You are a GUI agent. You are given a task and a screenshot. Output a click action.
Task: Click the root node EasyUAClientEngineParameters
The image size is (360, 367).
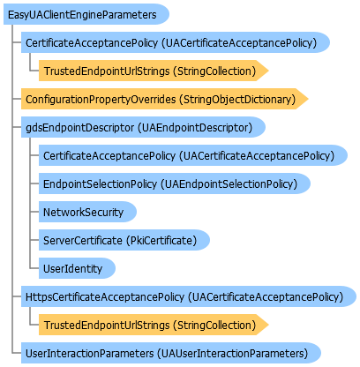[x=86, y=14]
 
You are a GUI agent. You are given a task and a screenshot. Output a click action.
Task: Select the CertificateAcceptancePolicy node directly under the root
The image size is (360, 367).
[x=176, y=42]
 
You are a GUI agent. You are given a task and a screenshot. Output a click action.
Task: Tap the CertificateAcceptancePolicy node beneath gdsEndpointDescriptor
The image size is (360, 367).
[x=193, y=155]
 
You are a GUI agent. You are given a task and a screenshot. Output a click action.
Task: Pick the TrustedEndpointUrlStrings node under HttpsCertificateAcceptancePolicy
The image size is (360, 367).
[x=154, y=325]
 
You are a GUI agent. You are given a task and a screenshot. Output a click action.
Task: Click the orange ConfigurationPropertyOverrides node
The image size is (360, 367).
[x=165, y=99]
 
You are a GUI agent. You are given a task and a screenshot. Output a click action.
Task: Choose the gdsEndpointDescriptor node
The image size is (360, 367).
[x=143, y=127]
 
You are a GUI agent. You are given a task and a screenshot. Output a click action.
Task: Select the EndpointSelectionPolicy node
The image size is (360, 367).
[x=175, y=183]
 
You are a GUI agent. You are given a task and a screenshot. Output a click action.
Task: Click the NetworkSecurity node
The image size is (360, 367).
[x=87, y=212]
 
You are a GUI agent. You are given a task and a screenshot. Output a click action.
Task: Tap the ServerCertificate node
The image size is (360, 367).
[x=124, y=240]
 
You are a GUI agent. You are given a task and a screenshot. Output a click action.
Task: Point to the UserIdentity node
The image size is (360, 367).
[x=77, y=268]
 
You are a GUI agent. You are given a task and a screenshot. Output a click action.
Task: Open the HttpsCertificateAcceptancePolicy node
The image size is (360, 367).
[x=189, y=296]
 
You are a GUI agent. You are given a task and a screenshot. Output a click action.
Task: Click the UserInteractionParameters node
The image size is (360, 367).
[x=171, y=353]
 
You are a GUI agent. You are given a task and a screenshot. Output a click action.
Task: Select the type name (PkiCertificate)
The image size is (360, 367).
[x=161, y=241]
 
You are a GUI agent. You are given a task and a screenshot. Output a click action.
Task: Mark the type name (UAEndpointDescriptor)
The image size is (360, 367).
[x=195, y=128]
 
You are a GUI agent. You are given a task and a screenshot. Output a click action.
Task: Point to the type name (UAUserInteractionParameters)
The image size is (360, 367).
[x=232, y=354]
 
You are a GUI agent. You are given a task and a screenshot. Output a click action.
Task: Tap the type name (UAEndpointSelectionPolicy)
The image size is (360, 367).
[x=229, y=184]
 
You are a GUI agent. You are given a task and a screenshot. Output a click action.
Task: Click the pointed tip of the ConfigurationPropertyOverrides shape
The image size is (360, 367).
[x=309, y=99]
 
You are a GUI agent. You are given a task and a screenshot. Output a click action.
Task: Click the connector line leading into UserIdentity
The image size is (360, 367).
[x=34, y=268]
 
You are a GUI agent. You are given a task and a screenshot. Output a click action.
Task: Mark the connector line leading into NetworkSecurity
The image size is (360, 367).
[x=34, y=212]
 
